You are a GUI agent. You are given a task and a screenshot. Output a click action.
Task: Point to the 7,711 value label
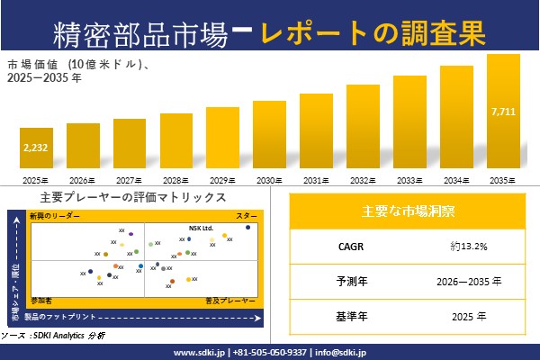[x=503, y=112]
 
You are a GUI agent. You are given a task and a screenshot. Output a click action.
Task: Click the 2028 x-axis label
[x=176, y=181]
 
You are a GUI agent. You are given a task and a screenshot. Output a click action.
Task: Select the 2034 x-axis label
[x=456, y=181]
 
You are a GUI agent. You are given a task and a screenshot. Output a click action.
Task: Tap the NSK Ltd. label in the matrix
[x=201, y=228]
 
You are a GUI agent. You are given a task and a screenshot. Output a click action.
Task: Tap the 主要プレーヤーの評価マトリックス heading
[x=132, y=197]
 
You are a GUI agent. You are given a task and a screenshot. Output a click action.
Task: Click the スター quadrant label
[x=246, y=217]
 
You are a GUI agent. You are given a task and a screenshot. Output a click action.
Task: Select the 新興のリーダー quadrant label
[x=55, y=217]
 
